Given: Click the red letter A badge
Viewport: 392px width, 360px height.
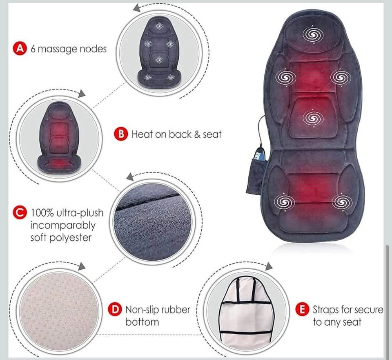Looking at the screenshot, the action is [20, 48].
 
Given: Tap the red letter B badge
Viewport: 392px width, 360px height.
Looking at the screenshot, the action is [121, 134].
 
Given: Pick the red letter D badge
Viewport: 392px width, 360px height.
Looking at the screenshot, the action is [115, 309].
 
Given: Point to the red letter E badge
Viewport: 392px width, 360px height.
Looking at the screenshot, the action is [302, 309].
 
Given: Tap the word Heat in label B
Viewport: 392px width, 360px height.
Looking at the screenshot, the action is [142, 134].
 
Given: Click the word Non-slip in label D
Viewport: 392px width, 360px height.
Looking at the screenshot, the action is [142, 310].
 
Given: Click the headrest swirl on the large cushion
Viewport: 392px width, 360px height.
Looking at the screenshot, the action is [313, 34].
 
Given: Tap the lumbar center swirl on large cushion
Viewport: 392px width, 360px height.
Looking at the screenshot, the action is [313, 118].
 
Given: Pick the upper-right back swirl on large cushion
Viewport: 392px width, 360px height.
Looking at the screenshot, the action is [341, 78].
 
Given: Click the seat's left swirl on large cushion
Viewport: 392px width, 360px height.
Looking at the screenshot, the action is [284, 202].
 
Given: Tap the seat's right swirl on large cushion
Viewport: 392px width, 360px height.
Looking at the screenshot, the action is [342, 202].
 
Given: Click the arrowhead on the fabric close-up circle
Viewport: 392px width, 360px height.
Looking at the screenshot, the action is [130, 177].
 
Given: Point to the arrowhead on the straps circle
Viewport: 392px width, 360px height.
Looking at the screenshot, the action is [269, 266].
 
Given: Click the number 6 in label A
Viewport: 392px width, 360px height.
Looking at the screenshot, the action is [33, 49].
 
